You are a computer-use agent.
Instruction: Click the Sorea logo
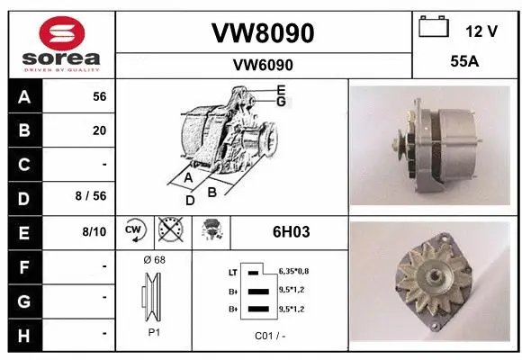click(61, 43)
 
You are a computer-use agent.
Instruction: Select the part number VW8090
click(263, 33)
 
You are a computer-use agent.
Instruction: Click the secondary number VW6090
click(263, 65)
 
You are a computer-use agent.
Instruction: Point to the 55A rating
click(463, 63)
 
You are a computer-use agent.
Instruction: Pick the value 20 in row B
click(99, 130)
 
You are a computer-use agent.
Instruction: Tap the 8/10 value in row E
click(94, 231)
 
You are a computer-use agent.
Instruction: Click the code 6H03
click(291, 231)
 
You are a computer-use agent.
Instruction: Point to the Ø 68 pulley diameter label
click(154, 260)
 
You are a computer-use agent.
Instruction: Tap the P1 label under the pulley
click(154, 331)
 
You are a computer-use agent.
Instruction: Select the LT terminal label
click(233, 271)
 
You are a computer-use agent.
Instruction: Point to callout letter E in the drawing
click(281, 90)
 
